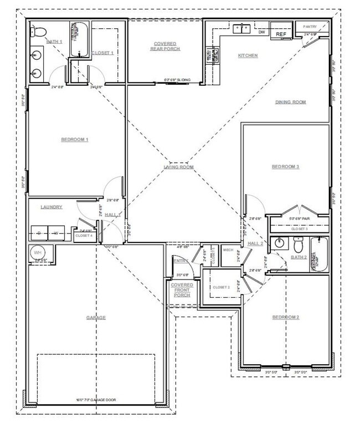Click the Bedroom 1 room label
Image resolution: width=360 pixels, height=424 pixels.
coord(75,139)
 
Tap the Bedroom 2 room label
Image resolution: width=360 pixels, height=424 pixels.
coord(285,317)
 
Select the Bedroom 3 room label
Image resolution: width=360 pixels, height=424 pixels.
coord(285,167)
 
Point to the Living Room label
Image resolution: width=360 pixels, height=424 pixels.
coord(178,167)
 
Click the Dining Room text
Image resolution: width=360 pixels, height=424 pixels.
coord(291,102)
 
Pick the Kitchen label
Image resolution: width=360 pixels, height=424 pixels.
coord(248,55)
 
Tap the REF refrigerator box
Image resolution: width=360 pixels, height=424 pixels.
coord(281,34)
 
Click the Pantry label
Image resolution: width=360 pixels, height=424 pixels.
coord(310,27)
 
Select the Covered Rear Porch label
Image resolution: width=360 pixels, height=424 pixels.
coord(165,46)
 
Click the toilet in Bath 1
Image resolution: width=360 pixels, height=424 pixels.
coord(38,32)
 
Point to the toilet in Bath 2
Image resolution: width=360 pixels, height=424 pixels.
coord(299,243)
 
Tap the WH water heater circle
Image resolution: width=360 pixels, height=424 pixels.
coord(38,252)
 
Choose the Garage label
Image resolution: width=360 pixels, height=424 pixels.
coord(96,317)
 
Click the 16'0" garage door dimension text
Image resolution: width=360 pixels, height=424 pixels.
coord(96,400)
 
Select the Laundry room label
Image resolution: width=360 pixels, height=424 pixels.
coord(52,207)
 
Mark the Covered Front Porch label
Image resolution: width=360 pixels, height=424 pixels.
coord(182,290)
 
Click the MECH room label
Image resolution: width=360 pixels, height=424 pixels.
coord(228,250)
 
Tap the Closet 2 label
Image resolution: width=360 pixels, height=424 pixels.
coord(221,287)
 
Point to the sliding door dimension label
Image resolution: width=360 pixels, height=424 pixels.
coord(177,80)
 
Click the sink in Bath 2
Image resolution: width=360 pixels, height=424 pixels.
coord(281,242)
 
